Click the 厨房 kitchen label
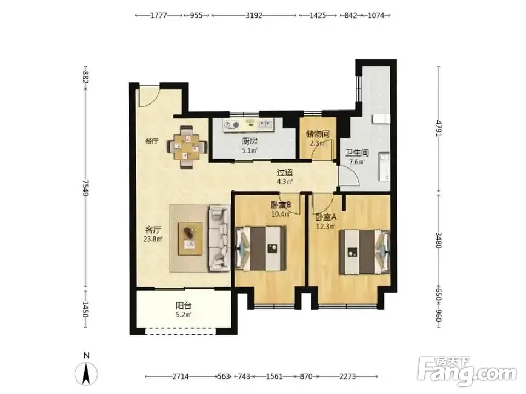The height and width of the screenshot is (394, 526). click(250, 142)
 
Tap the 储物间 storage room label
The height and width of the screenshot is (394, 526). click(317, 135)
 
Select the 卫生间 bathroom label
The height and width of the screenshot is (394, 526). click(357, 153)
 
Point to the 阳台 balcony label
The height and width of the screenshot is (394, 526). click(184, 306)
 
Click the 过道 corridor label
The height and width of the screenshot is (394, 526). click(284, 173)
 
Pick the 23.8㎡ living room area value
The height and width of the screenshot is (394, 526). click(153, 239)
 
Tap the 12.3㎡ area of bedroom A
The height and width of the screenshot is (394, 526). click(325, 227)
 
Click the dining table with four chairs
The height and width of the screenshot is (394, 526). click(187, 147)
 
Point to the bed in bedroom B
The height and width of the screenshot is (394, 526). click(261, 248)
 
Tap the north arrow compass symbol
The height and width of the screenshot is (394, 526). click(86, 373)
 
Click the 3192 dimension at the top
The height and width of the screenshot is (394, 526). click(254, 15)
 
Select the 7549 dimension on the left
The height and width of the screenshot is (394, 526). click(85, 188)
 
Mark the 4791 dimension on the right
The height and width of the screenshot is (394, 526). click(438, 128)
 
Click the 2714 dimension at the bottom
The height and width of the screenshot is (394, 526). click(180, 376)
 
